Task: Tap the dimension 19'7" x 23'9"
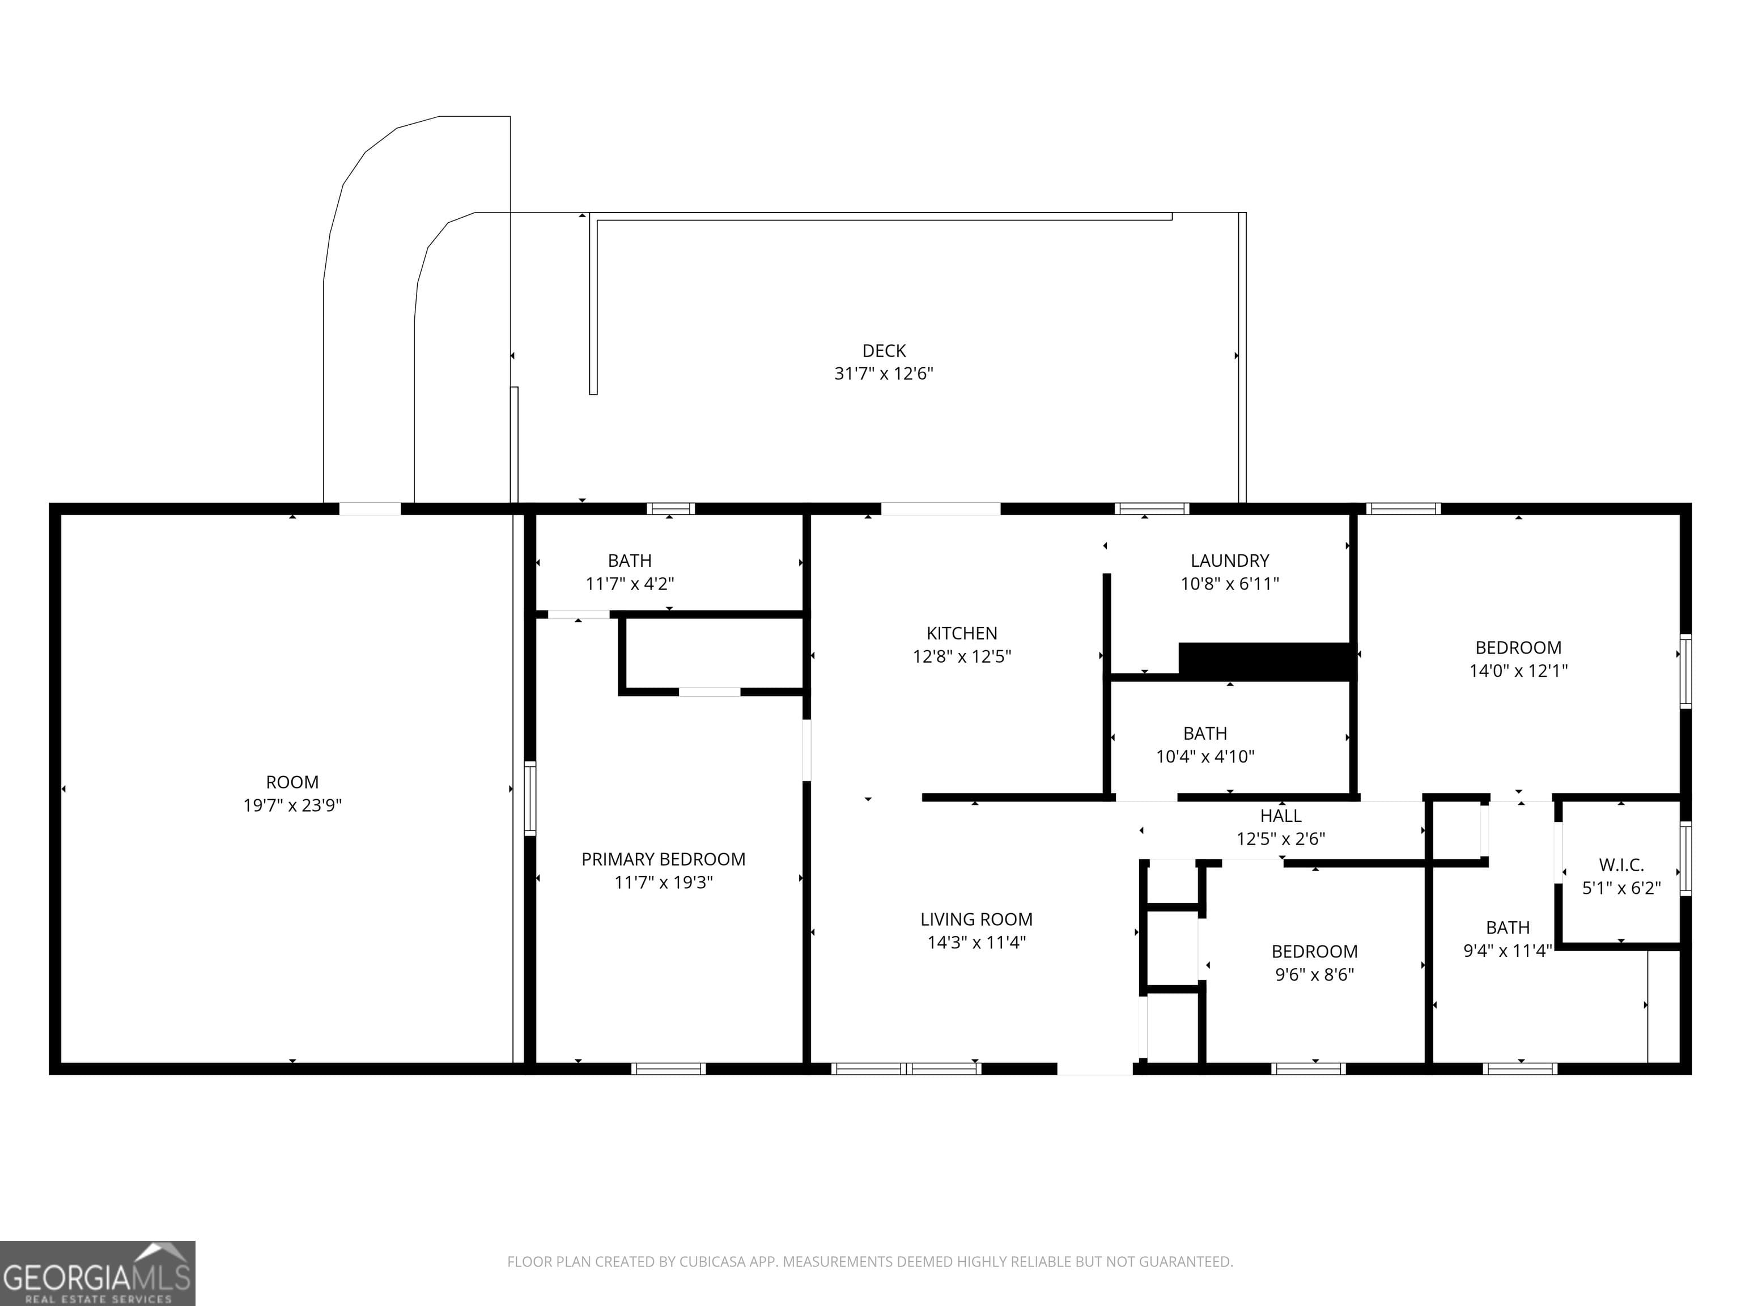tap(292, 805)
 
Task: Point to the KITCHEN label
tap(961, 633)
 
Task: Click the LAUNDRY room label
tap(1229, 561)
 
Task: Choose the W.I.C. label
tap(1621, 865)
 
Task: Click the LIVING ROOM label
tap(976, 919)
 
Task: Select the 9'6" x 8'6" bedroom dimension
tap(1314, 974)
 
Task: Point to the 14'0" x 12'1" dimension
tap(1518, 671)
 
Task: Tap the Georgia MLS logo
tap(97, 1273)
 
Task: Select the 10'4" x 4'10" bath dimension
tap(1204, 757)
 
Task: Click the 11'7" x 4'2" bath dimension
tap(629, 584)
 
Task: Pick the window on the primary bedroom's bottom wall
tap(668, 1068)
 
